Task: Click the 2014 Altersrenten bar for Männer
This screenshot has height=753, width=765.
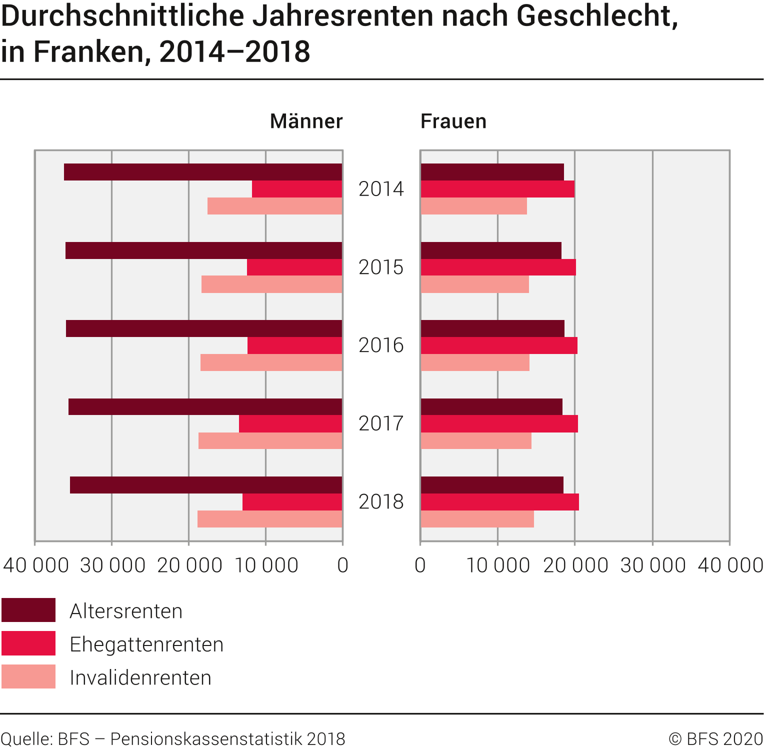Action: tap(203, 172)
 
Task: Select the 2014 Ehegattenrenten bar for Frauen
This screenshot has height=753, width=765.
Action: tap(497, 189)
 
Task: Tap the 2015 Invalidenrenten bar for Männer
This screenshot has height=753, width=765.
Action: tap(271, 284)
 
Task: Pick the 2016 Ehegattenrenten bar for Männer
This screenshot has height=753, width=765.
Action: tap(294, 345)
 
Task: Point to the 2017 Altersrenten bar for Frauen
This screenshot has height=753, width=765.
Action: tap(491, 407)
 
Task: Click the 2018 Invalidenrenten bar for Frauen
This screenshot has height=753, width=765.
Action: tap(477, 519)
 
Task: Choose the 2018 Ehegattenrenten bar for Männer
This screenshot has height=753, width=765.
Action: tap(292, 502)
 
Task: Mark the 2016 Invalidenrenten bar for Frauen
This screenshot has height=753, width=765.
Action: tap(475, 362)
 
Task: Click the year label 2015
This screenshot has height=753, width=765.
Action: tap(381, 267)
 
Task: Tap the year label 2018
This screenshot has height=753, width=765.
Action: tap(381, 502)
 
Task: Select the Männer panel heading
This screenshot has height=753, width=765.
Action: tap(306, 121)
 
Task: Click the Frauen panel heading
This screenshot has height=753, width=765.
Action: tap(453, 121)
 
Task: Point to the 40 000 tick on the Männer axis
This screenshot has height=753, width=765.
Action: tap(35, 565)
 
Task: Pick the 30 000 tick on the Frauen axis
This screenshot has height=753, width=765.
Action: tap(652, 565)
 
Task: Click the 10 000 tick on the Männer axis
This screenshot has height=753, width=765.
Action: tap(266, 565)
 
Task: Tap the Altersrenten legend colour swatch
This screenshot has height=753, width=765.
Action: tap(28, 610)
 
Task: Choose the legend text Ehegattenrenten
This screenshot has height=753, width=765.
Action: tap(146, 644)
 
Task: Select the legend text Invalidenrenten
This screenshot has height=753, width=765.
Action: tap(140, 678)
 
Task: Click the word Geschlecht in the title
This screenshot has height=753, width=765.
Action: tap(597, 16)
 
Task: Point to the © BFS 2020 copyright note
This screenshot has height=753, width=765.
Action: tap(715, 739)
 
